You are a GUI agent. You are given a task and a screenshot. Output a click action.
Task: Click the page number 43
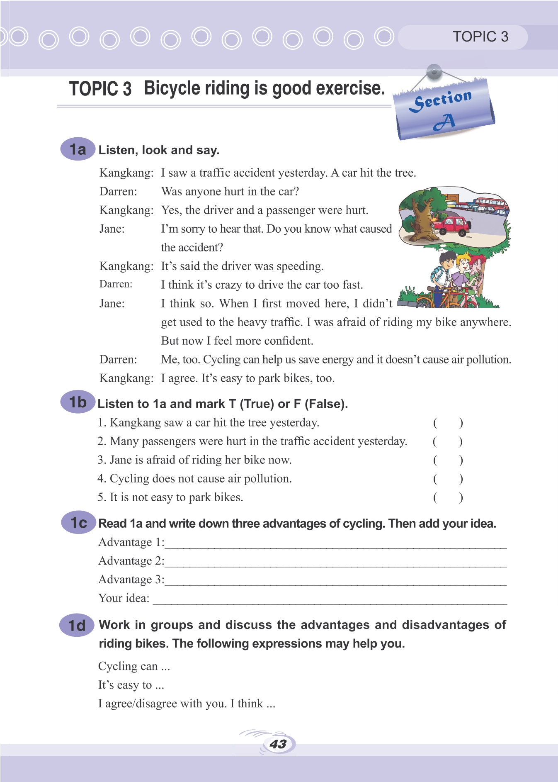coord(278,744)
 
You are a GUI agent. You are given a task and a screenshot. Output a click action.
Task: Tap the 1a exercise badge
coord(78,149)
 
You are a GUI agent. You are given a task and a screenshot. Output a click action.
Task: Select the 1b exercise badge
coord(78,402)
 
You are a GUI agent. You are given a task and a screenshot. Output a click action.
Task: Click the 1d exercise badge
coord(77,625)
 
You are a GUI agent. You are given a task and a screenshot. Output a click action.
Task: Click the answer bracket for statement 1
coord(448,423)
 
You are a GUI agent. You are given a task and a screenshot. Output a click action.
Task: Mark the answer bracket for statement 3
coord(448,460)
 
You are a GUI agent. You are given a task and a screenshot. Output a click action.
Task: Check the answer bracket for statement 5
coord(448,497)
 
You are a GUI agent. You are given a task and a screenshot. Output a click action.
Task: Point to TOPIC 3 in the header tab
coord(480,37)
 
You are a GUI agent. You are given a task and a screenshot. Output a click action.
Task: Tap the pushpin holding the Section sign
coord(434,72)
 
